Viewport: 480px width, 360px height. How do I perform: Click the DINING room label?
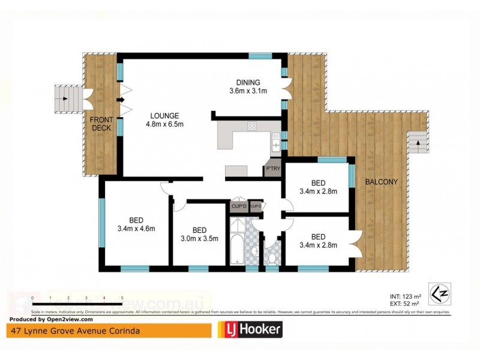(x=248, y=82)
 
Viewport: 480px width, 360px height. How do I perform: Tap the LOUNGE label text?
(x=163, y=116)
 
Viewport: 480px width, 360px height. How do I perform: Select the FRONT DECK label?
(x=101, y=123)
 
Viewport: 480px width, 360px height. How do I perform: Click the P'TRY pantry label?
(x=273, y=169)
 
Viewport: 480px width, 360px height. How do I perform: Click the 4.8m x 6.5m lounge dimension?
(x=163, y=124)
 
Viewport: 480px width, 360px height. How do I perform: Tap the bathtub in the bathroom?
(x=236, y=244)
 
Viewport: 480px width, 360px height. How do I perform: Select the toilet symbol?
(x=272, y=257)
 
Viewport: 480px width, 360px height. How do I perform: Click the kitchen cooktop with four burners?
(x=252, y=126)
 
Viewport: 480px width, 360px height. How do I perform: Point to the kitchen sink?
(x=275, y=143)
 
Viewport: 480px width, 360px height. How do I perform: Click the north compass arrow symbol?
(x=440, y=292)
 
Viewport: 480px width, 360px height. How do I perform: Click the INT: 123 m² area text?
(x=404, y=296)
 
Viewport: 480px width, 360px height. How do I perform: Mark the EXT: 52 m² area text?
(x=404, y=304)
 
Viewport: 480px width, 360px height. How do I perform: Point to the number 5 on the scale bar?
(x=122, y=298)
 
